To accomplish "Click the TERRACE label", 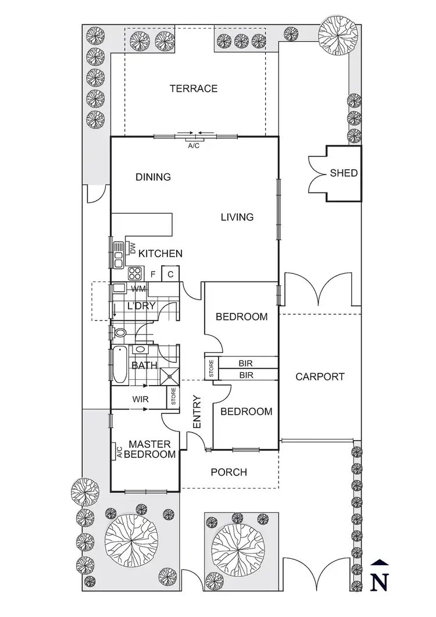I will tap(194, 89).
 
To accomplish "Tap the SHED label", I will tap(344, 173).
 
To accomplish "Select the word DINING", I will tap(153, 177).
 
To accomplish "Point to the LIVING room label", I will tap(237, 217).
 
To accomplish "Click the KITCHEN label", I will tap(160, 254).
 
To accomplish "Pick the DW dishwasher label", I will tap(133, 249).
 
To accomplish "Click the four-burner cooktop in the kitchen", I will tap(135, 273).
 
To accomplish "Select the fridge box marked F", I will tap(153, 274).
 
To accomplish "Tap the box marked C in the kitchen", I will tap(171, 274).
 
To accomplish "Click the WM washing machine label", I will tap(138, 288).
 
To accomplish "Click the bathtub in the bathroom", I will tap(119, 365).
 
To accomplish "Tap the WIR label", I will tap(141, 400).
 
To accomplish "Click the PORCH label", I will tap(229, 472).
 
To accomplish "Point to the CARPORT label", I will tap(320, 376).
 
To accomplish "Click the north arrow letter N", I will tap(380, 582).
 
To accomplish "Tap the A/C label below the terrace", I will tap(194, 145).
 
